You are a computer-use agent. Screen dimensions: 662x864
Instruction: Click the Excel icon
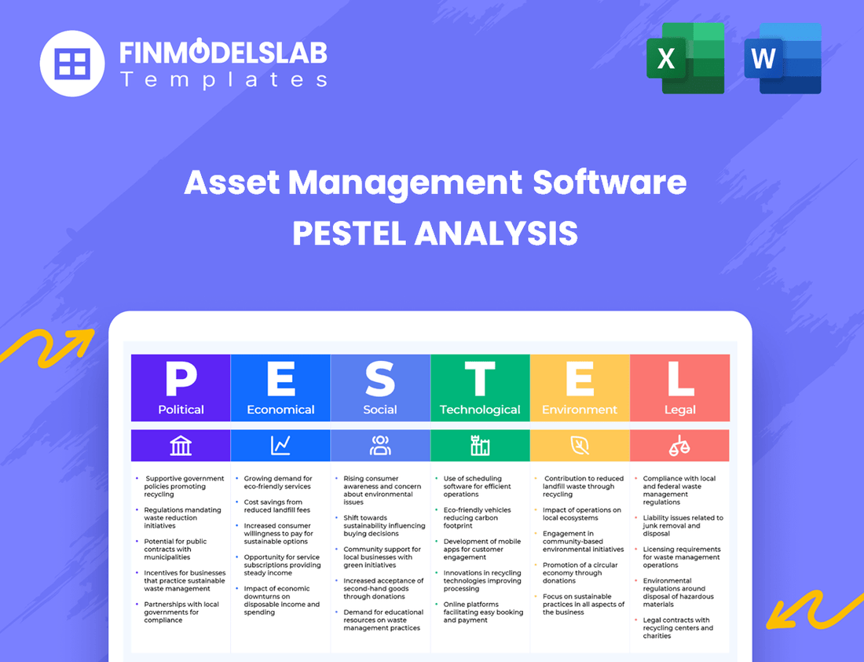pos(685,59)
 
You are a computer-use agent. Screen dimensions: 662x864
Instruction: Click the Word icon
pos(782,59)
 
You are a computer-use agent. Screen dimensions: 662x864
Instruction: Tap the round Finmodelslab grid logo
pos(72,63)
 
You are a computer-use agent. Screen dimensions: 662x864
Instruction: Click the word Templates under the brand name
pos(223,79)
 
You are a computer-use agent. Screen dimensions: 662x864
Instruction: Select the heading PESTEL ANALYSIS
pos(435,234)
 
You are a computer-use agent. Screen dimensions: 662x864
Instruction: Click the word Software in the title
pos(610,183)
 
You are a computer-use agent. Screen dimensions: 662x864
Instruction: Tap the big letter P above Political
pos(181,379)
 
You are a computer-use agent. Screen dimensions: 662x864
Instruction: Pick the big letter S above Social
pos(380,379)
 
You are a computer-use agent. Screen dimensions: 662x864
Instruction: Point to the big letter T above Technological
pos(480,379)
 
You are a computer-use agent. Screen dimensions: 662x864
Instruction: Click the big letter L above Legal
pos(680,379)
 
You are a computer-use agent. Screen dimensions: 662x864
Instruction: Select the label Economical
pos(280,410)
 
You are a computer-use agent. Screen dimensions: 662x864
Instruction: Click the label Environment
pos(580,410)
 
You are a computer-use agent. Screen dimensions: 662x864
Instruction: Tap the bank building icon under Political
pos(181,446)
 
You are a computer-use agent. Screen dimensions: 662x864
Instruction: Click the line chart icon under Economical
pos(280,446)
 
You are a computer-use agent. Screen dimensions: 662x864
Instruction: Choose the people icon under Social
pos(380,446)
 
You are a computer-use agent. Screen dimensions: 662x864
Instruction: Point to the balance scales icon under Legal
pos(680,446)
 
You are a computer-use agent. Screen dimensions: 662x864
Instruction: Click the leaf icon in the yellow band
pos(580,446)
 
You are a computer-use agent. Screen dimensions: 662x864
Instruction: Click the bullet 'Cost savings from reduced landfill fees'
pos(273,506)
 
